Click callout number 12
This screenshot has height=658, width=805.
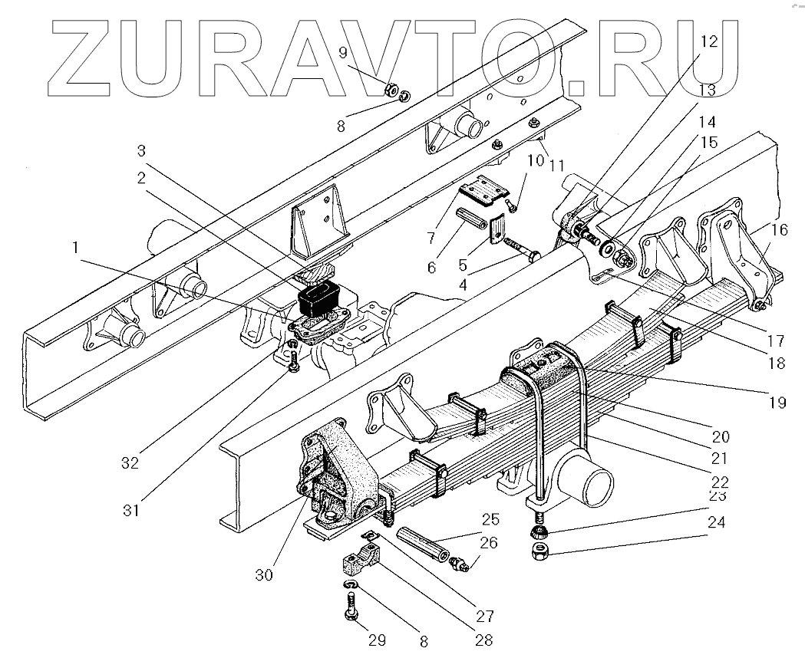pos(708,41)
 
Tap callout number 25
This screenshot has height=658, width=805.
pos(490,518)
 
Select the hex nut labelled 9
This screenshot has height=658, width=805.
pos(390,90)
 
